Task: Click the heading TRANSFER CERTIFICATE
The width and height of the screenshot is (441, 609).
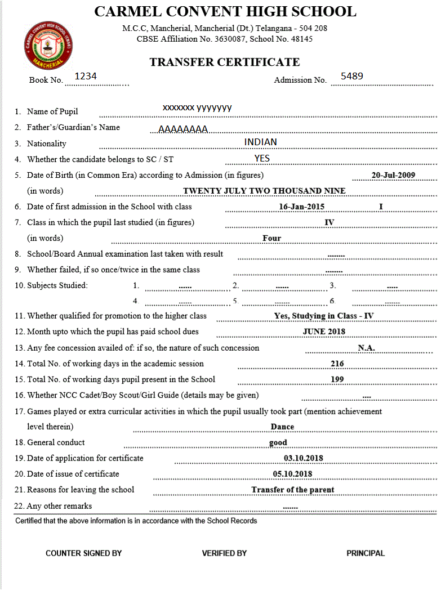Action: tap(224, 62)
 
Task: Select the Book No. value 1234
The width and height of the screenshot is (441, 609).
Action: tap(86, 76)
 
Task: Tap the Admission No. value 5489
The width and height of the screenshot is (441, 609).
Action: tap(352, 76)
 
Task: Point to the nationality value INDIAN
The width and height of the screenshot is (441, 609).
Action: tap(260, 142)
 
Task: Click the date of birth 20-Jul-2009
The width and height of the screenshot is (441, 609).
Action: tap(393, 175)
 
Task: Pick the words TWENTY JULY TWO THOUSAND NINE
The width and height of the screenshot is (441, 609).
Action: tap(264, 191)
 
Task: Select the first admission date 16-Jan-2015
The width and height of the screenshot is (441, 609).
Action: tap(302, 207)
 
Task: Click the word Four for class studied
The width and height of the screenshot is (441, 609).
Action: tap(271, 238)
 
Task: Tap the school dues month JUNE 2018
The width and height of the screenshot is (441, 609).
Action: tap(324, 332)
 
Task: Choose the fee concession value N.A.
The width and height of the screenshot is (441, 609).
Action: tap(366, 348)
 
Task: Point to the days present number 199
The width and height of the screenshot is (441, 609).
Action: tap(337, 379)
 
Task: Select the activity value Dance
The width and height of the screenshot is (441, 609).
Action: tap(282, 427)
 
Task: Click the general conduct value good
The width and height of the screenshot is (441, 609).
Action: tap(278, 442)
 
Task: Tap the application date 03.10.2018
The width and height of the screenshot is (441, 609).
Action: tap(304, 458)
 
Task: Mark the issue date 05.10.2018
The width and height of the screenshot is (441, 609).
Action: tap(292, 474)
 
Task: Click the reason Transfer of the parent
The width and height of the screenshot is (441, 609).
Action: tap(293, 490)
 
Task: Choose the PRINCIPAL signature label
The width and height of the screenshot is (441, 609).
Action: tap(366, 553)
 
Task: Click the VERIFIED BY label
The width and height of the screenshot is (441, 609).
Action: tap(224, 553)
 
